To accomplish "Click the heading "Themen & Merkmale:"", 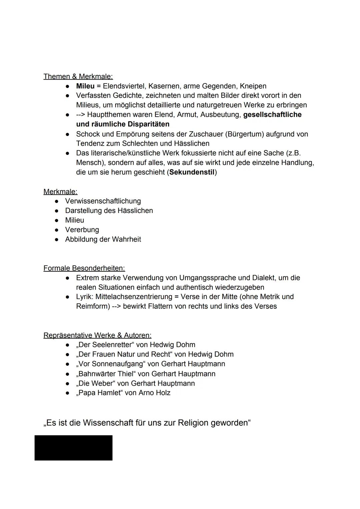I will (78, 76).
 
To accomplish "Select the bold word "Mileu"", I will (85, 86).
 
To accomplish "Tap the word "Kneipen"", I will (253, 86).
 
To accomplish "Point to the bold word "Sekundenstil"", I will (192, 172).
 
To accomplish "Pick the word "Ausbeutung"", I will (220, 115).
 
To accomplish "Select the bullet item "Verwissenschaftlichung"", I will (103, 201).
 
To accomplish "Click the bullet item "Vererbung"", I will (82, 230).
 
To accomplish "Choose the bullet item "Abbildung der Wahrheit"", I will (103, 239).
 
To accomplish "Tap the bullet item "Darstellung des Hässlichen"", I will (109, 211).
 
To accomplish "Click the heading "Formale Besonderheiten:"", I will (84, 268).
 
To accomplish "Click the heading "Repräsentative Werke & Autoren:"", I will (97, 335).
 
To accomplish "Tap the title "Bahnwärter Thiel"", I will (106, 374).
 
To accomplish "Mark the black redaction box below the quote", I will (73, 448).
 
